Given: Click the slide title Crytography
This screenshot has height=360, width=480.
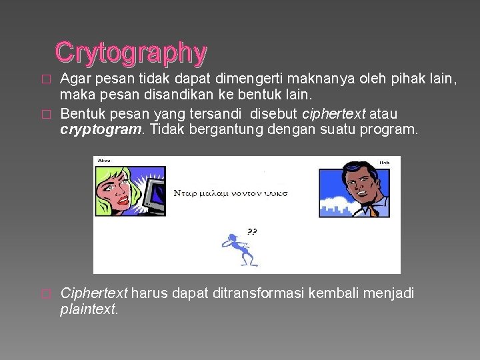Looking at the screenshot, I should [x=131, y=52].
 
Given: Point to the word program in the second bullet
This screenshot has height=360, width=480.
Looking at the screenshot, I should [x=393, y=129].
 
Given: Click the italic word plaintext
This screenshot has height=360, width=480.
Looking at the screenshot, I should [x=89, y=309].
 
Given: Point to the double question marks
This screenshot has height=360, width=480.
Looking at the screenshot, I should [x=252, y=232].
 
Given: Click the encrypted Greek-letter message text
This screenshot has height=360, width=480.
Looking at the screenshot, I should [x=231, y=192].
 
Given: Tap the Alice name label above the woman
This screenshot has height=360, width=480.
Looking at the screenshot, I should [x=104, y=161].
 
